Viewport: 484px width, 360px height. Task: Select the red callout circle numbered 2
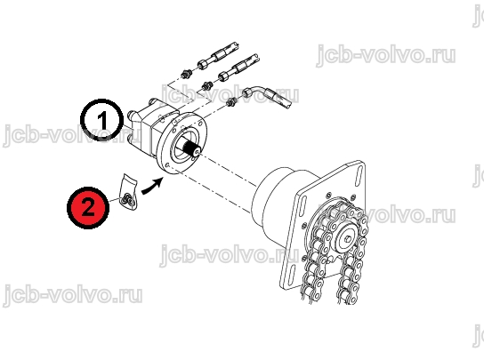point(88,208)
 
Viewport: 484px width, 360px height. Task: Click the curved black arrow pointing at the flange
point(152,187)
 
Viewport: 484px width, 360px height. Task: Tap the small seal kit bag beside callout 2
point(128,192)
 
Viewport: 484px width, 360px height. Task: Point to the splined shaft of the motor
point(191,149)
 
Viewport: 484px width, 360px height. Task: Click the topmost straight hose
point(219,55)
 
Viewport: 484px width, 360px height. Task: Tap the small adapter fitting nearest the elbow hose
point(231,101)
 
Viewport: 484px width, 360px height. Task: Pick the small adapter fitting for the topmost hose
point(186,74)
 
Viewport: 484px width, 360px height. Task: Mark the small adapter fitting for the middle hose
point(206,84)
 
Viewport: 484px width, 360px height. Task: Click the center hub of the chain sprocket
point(348,238)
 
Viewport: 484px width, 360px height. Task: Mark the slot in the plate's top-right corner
point(359,178)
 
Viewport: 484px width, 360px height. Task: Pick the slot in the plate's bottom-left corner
point(292,276)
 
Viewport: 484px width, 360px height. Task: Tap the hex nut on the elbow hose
point(248,92)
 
